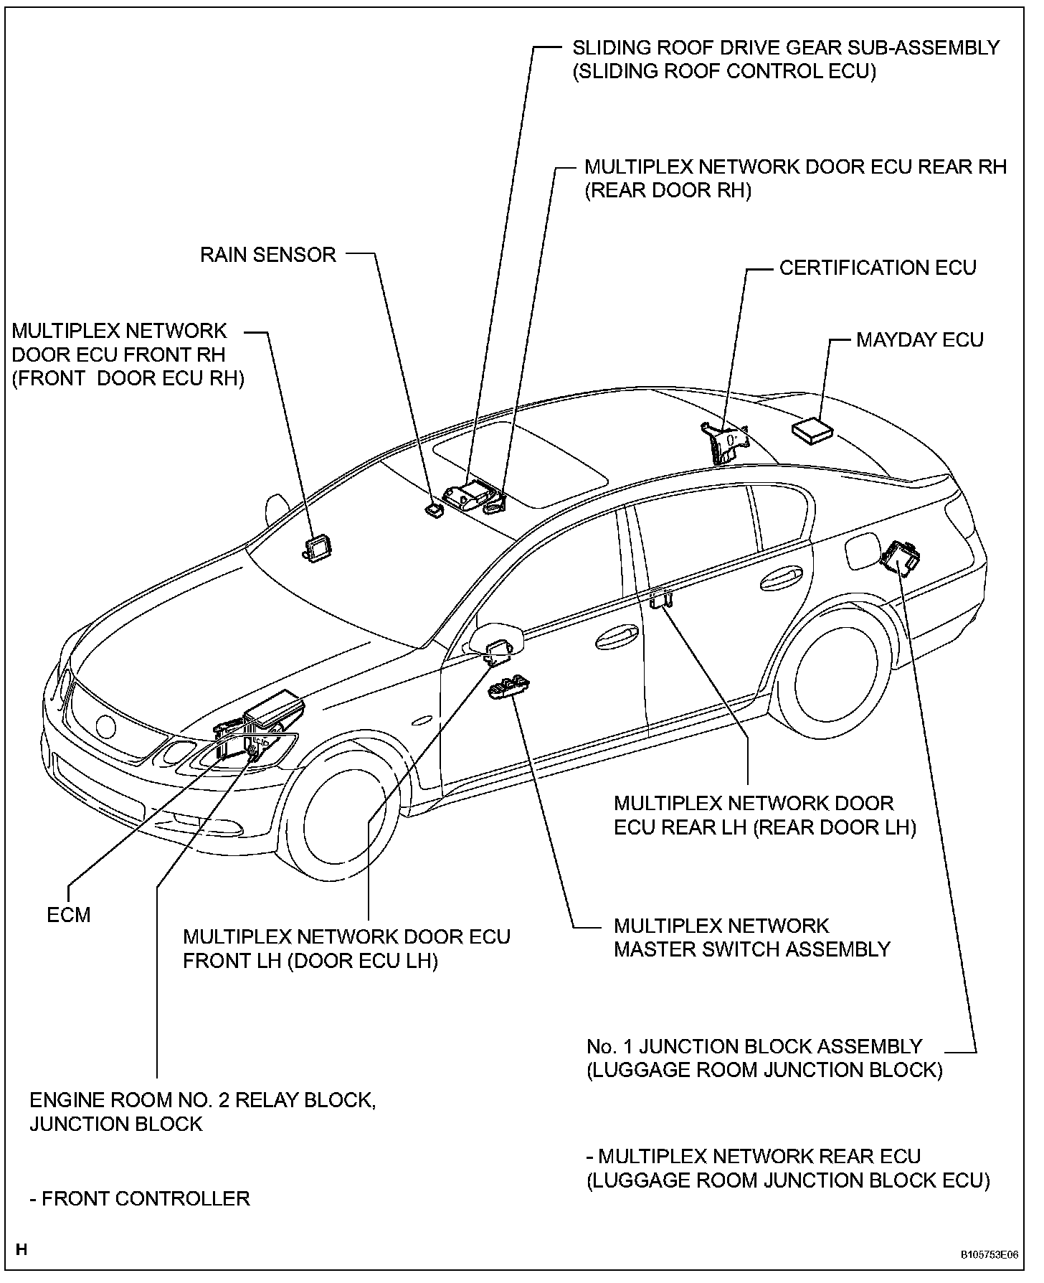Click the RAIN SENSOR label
click(267, 255)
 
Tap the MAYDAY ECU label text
click(919, 339)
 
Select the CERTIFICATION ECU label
click(878, 268)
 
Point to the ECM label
click(69, 915)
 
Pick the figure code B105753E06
click(990, 1256)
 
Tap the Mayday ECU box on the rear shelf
click(812, 429)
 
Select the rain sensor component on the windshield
click(433, 510)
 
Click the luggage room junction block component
click(901, 555)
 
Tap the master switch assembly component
click(509, 687)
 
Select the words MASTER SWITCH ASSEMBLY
click(751, 949)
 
